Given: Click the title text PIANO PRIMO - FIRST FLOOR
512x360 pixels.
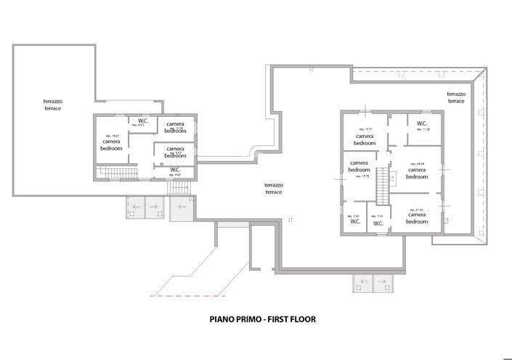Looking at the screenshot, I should coord(263,318).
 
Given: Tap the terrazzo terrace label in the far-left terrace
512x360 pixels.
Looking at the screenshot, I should coord(52,104).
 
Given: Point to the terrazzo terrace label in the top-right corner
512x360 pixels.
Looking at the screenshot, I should coord(456,97).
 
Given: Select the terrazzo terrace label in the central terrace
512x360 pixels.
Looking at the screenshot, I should coord(274,188).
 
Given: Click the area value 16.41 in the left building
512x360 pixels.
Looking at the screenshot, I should coord(112,136).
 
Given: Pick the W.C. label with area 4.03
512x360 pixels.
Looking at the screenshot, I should coord(143,122).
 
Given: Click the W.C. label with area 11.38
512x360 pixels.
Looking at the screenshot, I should coord(422,124).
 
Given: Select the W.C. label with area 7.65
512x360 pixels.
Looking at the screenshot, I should coord(354,221).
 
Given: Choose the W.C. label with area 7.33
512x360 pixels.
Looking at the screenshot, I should coord(378,223).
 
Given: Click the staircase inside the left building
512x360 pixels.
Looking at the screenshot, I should coord(116,172).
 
